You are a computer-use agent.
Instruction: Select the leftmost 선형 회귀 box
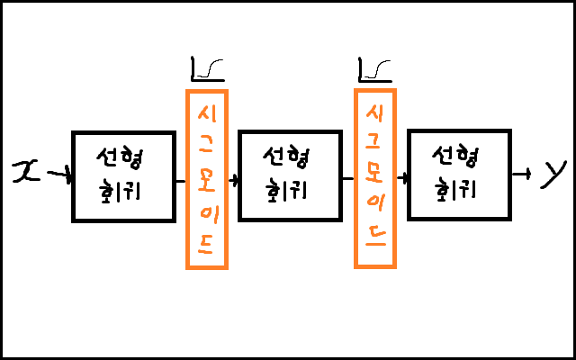pos(123,176)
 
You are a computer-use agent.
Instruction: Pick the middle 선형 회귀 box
pos(290,176)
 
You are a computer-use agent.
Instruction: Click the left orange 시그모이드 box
pos(207,178)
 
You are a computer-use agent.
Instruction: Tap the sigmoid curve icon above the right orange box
pos(374,68)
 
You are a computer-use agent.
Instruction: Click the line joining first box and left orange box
pos(180,179)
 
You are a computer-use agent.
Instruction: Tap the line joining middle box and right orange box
pos(349,179)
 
